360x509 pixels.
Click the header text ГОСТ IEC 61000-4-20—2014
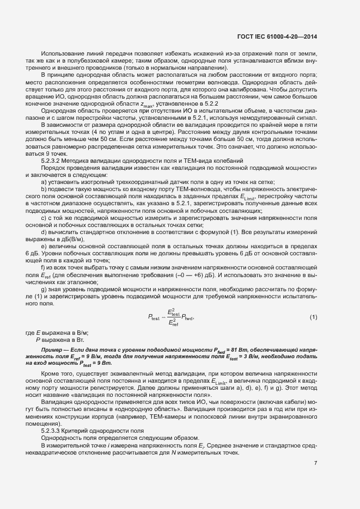coord(277,36)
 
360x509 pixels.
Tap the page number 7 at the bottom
coord(315,463)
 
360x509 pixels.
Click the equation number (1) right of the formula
coord(313,317)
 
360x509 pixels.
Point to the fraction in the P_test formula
coord(173,317)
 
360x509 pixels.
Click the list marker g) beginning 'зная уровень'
coord(44,289)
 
